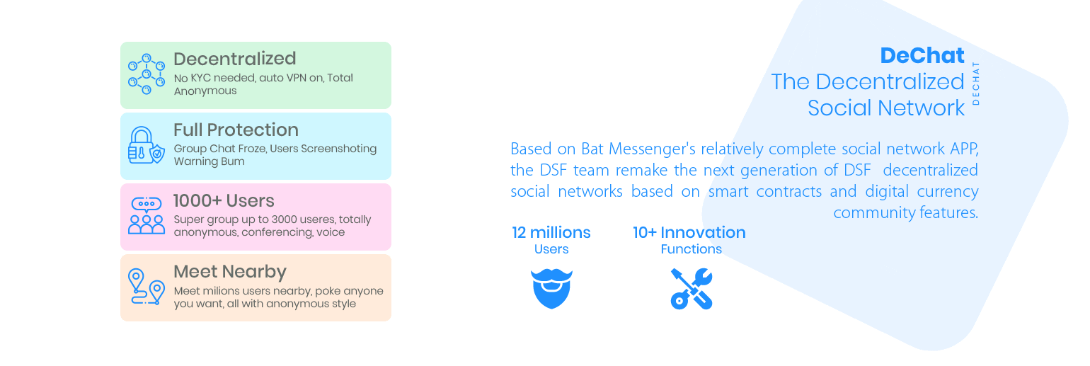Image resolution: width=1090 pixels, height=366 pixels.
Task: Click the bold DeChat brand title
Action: pyautogui.click(x=922, y=55)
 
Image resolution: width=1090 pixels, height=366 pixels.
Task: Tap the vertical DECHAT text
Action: pyautogui.click(x=975, y=84)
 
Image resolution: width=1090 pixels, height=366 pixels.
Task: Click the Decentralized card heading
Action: pyautogui.click(x=234, y=59)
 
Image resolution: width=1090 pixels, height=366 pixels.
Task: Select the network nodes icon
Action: pyautogui.click(x=146, y=74)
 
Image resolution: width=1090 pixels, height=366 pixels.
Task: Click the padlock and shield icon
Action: pyautogui.click(x=146, y=146)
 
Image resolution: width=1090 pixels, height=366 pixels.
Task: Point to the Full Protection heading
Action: pyautogui.click(x=236, y=130)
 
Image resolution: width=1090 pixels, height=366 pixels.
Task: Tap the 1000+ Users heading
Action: pyautogui.click(x=224, y=200)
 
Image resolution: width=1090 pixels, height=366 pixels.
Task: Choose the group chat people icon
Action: pyautogui.click(x=146, y=216)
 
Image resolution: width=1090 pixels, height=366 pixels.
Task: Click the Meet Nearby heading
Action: pyautogui.click(x=230, y=272)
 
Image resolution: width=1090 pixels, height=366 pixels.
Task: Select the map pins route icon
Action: pyautogui.click(x=146, y=287)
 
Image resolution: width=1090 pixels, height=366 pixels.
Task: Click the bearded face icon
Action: pyautogui.click(x=551, y=289)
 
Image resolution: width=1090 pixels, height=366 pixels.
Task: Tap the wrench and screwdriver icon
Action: pyautogui.click(x=692, y=289)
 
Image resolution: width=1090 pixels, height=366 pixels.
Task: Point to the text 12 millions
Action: pyautogui.click(x=551, y=233)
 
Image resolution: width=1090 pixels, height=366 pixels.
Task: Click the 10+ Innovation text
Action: pyautogui.click(x=689, y=233)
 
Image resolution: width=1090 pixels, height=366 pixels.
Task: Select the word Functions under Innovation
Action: pyautogui.click(x=691, y=249)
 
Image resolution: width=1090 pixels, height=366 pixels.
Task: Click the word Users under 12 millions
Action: pyautogui.click(x=551, y=249)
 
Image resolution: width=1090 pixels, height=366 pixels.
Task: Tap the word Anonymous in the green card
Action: pyautogui.click(x=205, y=91)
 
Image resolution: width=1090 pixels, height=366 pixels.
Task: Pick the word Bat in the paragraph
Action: pyautogui.click(x=592, y=149)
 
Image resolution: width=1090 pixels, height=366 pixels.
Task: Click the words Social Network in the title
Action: pyautogui.click(x=886, y=108)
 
